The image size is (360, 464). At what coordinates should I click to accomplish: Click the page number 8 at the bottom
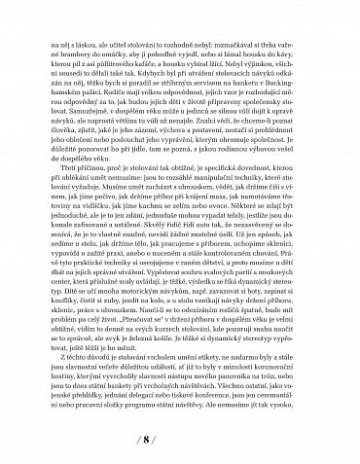pos(179,436)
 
